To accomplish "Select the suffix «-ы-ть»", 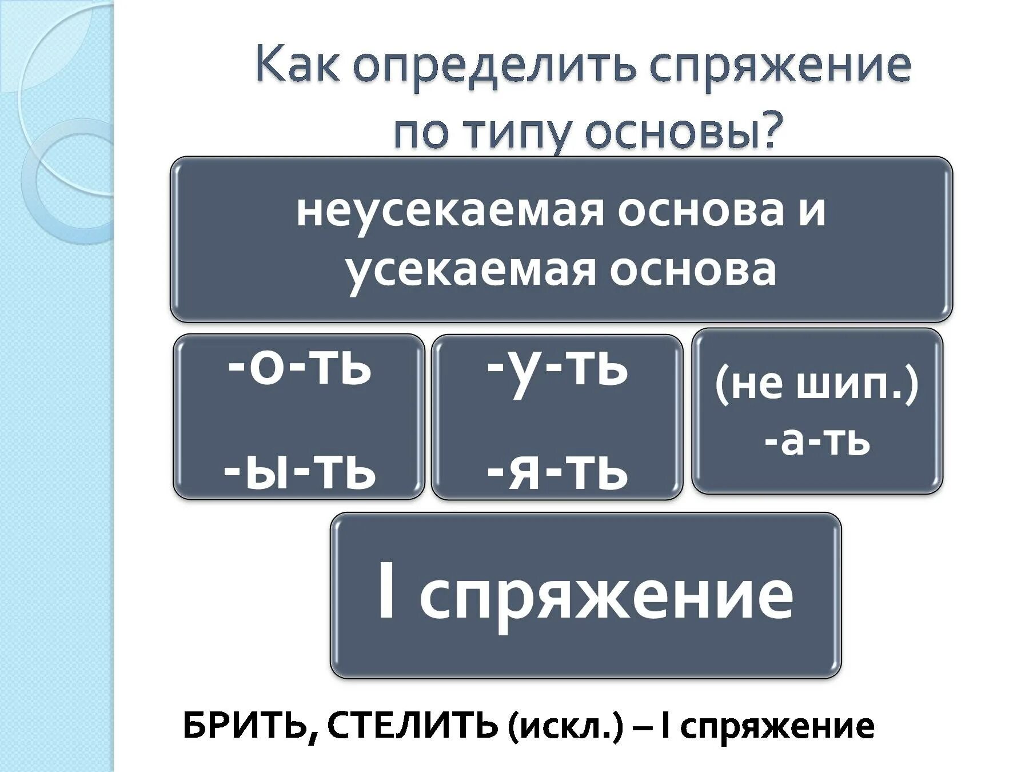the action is [299, 472].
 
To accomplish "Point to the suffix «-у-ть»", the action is [557, 369].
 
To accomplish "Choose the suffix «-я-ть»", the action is [557, 472].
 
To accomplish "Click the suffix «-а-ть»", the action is [817, 441].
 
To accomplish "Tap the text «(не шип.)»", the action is [817, 386].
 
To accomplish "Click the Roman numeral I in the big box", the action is [386, 594].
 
